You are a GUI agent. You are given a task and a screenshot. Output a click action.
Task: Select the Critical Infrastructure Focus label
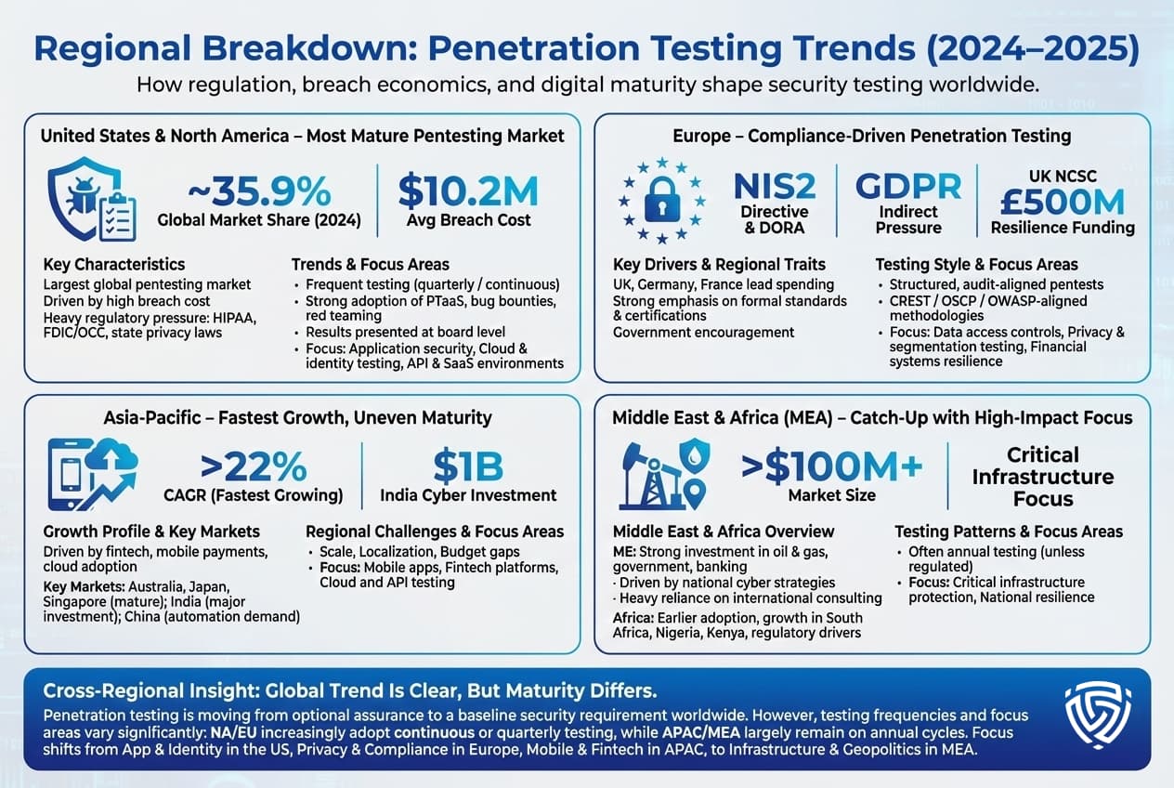pos(1043,477)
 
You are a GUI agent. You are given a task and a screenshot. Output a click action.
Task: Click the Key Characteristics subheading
pos(114,265)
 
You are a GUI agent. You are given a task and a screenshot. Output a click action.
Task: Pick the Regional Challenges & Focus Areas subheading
pos(434,532)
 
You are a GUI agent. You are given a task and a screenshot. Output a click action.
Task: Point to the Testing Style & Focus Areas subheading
pos(976,265)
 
